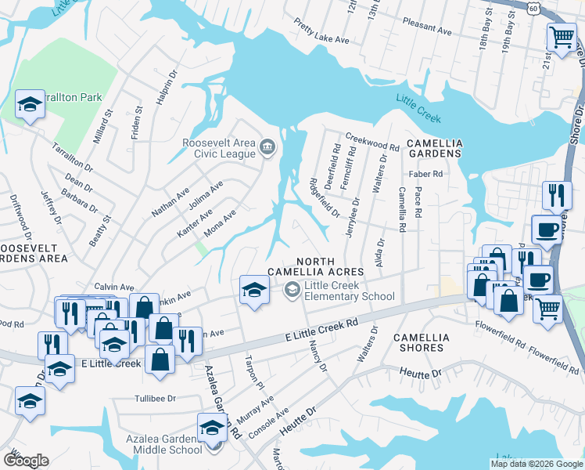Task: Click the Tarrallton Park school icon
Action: [x=29, y=104]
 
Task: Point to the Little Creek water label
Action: [x=418, y=109]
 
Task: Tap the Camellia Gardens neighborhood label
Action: [x=434, y=149]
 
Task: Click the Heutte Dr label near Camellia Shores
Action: [x=420, y=371]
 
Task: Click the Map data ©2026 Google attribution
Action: [x=537, y=464]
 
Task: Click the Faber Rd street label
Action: [x=420, y=174]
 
